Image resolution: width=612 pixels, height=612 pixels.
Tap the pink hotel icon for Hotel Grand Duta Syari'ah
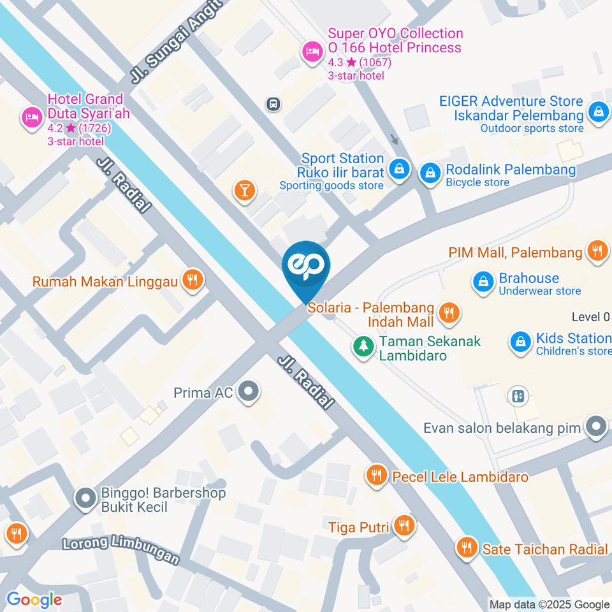click(x=31, y=117)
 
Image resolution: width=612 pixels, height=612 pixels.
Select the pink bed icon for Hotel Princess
click(x=312, y=53)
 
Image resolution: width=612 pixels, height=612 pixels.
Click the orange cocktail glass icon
click(x=245, y=190)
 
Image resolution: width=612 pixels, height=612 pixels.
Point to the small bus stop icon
click(x=273, y=103)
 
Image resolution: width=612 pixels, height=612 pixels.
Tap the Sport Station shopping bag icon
click(x=399, y=170)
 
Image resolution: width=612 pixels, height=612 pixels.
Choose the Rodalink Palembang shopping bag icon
click(x=431, y=171)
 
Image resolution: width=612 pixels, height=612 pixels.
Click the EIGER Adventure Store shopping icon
click(x=598, y=112)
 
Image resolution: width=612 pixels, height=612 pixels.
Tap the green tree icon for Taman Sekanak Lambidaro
click(x=363, y=346)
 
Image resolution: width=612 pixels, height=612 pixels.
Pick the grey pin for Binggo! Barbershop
click(x=85, y=499)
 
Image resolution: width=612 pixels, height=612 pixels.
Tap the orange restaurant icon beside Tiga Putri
click(x=404, y=525)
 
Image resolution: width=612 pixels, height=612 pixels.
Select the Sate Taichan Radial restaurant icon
click(x=467, y=547)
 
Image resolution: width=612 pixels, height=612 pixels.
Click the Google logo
click(x=34, y=599)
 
